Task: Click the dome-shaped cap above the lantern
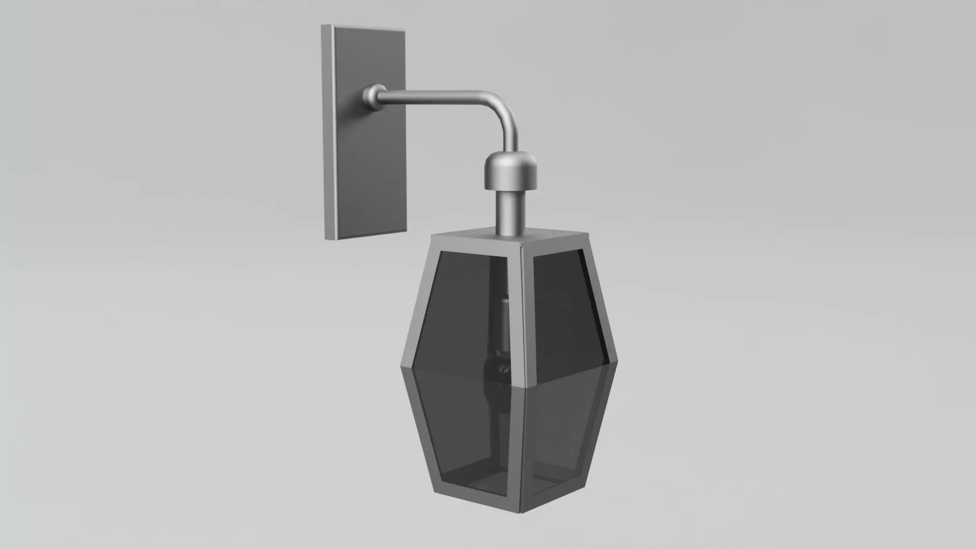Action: (510, 170)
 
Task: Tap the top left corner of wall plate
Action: (323, 26)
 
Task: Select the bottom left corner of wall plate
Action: (325, 238)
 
